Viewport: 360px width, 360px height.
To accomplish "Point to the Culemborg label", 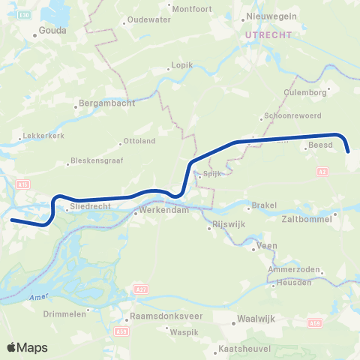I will click(302, 93).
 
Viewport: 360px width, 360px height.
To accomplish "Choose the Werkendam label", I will click(161, 213).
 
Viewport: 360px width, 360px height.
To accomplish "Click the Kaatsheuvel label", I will click(241, 349).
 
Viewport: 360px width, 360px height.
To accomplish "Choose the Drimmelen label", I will click(65, 314).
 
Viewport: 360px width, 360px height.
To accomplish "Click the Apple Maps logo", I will click(27, 347).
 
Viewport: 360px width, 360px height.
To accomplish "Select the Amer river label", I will click(37, 297).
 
